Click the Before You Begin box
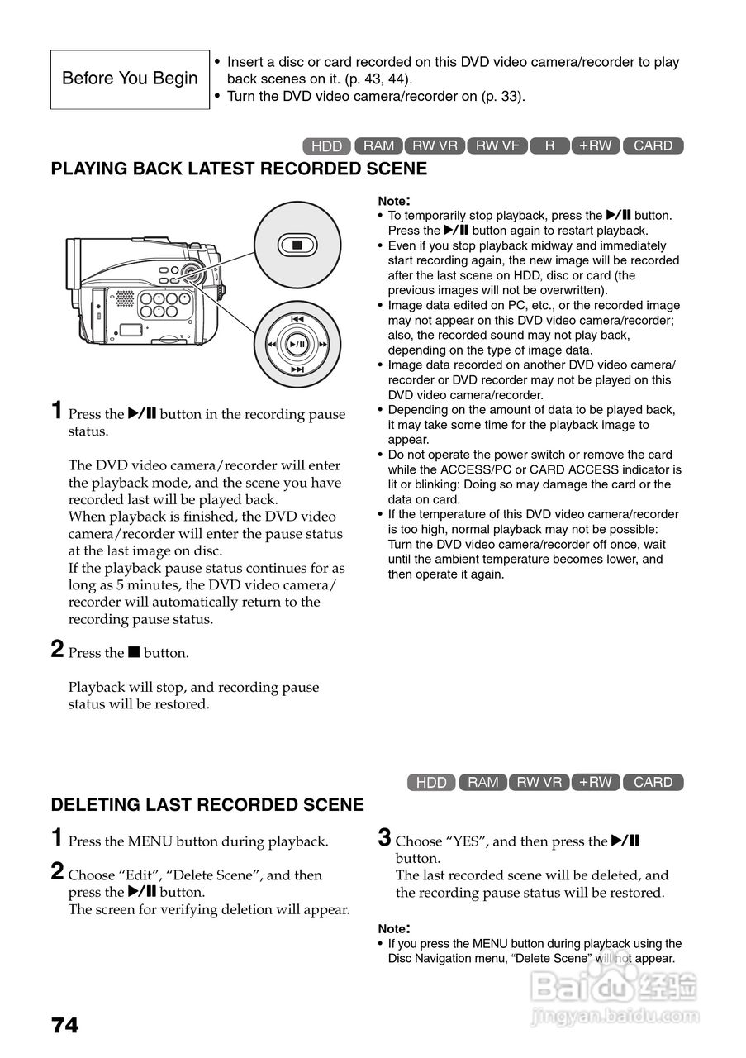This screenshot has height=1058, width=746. point(130,79)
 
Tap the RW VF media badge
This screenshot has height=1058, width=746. point(498,146)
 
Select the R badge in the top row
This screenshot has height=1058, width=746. point(549,146)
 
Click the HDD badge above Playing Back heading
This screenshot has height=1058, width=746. point(327,146)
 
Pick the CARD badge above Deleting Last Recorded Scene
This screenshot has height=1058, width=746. point(653,782)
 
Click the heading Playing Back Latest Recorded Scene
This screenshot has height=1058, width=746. point(239,169)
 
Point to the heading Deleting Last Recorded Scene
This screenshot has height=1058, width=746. point(207,805)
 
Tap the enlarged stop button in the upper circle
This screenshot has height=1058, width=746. point(297,245)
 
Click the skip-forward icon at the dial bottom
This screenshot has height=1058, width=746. point(297,369)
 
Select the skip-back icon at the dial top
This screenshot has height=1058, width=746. point(297,318)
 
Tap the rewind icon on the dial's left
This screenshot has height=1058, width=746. point(271,344)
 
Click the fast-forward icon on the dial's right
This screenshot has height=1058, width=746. point(324,344)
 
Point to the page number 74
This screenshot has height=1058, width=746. point(65,1026)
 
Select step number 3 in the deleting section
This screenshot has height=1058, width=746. point(384,838)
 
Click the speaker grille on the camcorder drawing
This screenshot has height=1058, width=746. point(124,298)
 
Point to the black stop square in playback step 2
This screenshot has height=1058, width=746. point(133,653)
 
